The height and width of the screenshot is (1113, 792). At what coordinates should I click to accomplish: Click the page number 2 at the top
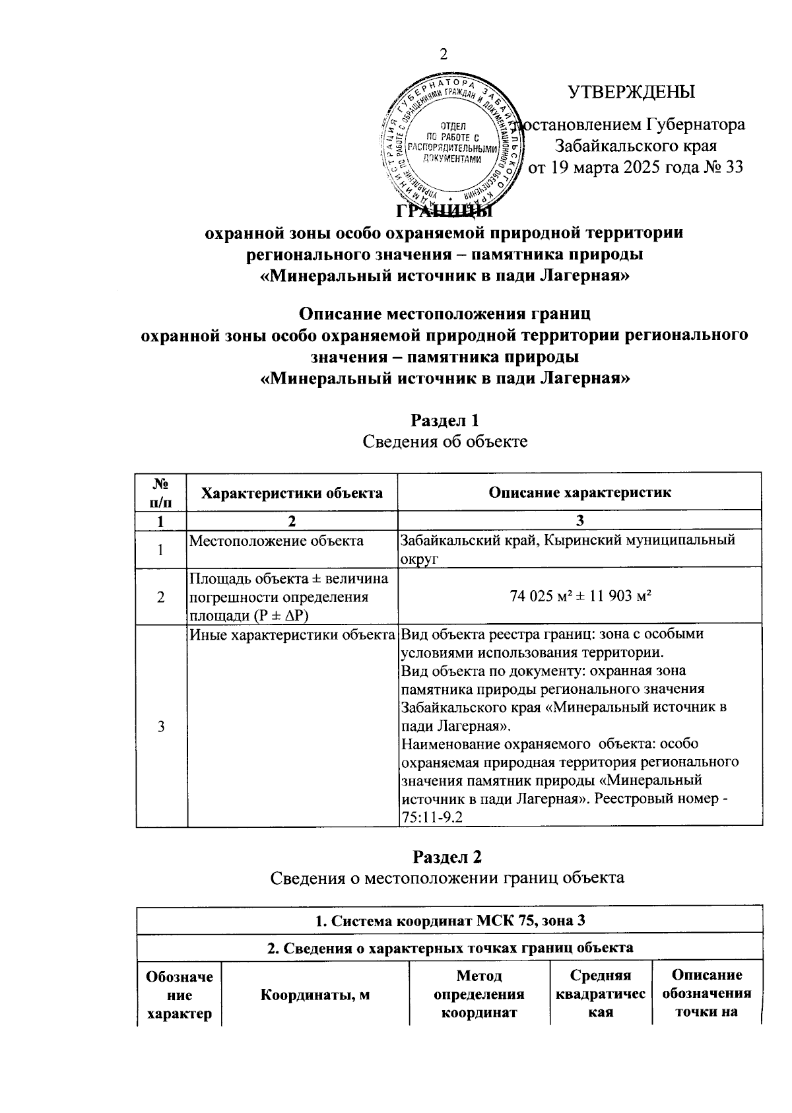coord(444,55)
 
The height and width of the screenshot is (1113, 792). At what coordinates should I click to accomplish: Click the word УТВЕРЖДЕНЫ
coord(632,92)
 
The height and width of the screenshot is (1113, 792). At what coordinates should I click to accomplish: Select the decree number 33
coord(733,167)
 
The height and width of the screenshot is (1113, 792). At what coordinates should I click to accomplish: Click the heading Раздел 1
coord(445,420)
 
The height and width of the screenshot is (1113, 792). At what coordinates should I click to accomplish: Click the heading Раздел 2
coord(447,857)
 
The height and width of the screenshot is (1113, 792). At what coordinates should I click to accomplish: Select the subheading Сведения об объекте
coord(445,441)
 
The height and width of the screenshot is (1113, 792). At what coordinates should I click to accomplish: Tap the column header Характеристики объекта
coord(291,492)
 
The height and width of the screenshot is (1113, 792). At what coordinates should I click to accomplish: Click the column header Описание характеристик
coord(579,492)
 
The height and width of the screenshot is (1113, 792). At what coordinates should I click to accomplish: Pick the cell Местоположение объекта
coord(277,541)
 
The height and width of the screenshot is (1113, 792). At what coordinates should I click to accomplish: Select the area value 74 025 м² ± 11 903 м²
coord(579,596)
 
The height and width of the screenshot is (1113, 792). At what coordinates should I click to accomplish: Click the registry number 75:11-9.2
coord(432,817)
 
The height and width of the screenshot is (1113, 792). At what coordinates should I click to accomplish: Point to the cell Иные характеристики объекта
coord(292,635)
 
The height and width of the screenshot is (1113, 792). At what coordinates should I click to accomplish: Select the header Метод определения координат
coord(479,995)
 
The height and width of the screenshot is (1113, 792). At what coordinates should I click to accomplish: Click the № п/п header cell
coord(161,492)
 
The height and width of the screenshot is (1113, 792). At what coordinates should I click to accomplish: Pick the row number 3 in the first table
coord(161,726)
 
